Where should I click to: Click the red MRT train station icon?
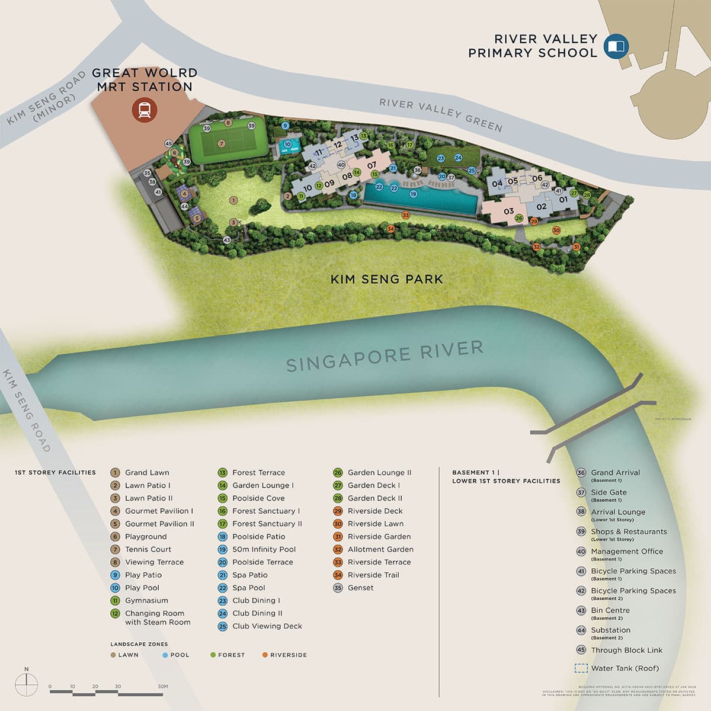144,110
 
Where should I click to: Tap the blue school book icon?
616,46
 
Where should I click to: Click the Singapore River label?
385,355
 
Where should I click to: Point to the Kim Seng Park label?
386,279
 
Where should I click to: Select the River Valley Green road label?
441,115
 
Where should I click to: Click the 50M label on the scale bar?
162,687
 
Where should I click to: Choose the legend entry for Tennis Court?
148,549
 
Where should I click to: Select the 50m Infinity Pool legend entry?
264,549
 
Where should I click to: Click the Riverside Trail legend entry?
373,575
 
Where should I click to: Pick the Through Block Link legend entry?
626,650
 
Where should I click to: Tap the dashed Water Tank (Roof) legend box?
581,668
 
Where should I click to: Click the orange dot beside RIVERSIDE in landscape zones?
265,655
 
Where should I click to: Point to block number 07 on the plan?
371,165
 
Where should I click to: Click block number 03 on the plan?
508,212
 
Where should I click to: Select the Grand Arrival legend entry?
615,473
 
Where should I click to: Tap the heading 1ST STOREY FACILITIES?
55,472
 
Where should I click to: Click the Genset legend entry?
360,588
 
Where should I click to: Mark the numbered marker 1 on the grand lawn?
233,201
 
